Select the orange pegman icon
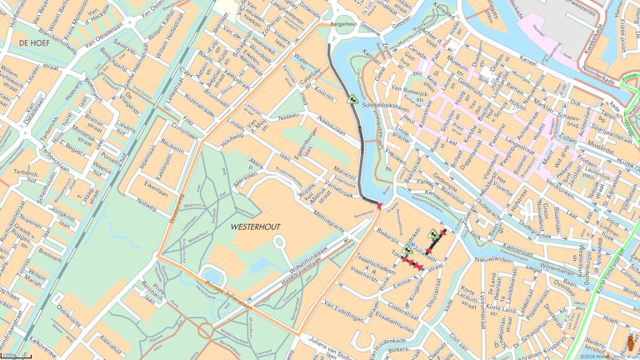[x=631, y=342]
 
